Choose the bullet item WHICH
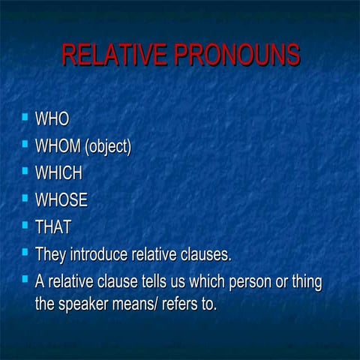(x=58, y=173)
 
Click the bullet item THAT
(x=52, y=227)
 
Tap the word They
(x=52, y=254)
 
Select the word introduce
(x=100, y=254)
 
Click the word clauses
(x=204, y=254)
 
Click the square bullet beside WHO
(x=25, y=117)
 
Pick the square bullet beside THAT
(x=25, y=226)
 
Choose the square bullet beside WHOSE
(x=25, y=199)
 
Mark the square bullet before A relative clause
(x=25, y=280)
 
